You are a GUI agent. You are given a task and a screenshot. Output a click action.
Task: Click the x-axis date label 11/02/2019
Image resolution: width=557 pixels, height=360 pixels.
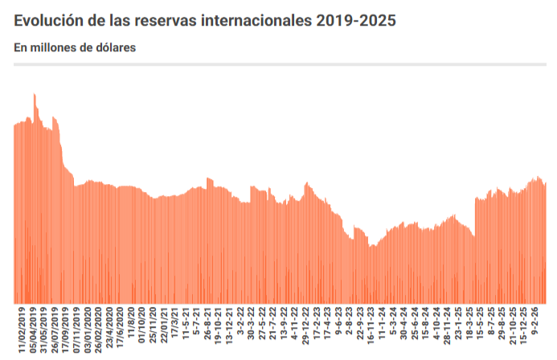pyautogui.click(x=23, y=329)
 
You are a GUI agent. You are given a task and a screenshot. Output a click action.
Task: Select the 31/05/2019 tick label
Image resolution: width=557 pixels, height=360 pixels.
pyautogui.click(x=44, y=329)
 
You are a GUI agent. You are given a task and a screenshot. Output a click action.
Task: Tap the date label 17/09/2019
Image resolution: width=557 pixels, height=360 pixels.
pyautogui.click(x=66, y=329)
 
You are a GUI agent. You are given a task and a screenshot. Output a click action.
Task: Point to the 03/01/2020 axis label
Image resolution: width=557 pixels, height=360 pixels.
pyautogui.click(x=88, y=329)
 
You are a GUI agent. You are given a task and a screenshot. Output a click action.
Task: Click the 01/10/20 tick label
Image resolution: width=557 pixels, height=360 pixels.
pyautogui.click(x=142, y=325)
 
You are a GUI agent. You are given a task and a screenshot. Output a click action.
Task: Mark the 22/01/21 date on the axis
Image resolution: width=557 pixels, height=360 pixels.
pyautogui.click(x=164, y=325)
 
